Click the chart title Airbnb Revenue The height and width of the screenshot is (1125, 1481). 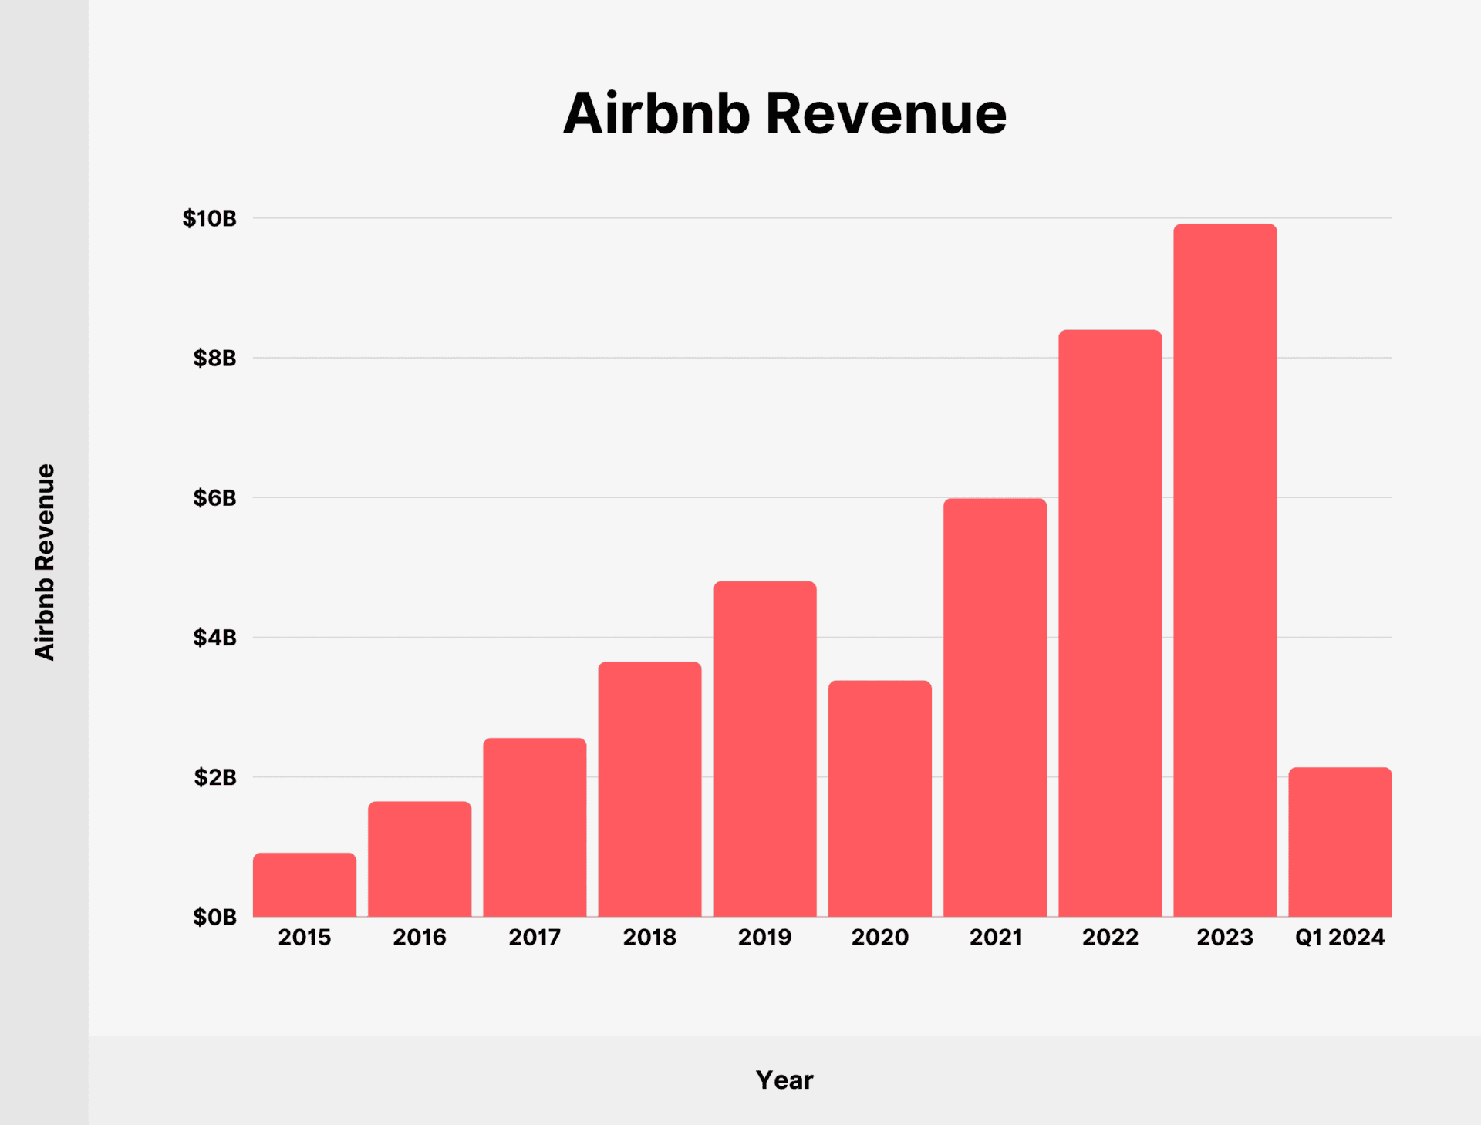(784, 114)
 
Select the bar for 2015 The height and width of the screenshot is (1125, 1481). (305, 885)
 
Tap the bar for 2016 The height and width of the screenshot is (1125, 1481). (420, 859)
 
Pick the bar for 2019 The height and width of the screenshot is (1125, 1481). (764, 749)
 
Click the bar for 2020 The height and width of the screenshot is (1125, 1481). (879, 799)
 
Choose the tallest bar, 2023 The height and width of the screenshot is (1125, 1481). (1225, 571)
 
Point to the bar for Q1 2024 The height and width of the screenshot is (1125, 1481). (1340, 842)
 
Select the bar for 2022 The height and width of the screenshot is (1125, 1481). (1110, 623)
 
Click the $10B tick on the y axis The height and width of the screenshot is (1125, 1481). (210, 218)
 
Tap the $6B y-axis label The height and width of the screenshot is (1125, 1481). (215, 498)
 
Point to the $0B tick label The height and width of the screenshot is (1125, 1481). (215, 917)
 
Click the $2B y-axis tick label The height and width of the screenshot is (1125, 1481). (215, 777)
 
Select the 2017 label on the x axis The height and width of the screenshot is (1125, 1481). (535, 938)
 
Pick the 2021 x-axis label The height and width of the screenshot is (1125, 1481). (995, 938)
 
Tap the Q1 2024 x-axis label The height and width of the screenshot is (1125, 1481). (1340, 938)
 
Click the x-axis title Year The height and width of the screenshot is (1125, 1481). (784, 1080)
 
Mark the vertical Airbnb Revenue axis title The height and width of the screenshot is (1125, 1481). (45, 562)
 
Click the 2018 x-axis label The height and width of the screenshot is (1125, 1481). (649, 938)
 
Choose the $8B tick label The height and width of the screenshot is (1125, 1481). (215, 359)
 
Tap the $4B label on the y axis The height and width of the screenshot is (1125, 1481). (215, 638)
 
